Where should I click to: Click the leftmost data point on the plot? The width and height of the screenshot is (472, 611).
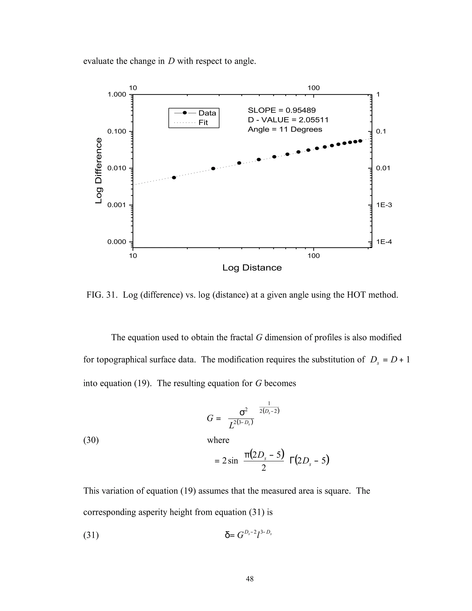coord(174,177)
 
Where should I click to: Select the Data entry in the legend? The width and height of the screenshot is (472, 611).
coord(207,113)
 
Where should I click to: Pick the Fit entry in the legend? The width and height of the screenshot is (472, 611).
coord(203,122)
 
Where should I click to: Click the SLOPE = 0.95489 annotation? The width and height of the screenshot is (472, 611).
coord(282,110)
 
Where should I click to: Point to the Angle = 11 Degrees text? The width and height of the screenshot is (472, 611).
coord(285,129)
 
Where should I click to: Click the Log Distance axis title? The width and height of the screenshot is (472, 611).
coord(252,268)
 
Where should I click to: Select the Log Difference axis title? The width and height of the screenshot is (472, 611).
coord(98,171)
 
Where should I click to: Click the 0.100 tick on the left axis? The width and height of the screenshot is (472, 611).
coord(117,131)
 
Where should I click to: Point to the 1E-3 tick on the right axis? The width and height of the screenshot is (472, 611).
coord(384,205)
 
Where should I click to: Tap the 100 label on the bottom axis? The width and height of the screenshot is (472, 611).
coord(313,255)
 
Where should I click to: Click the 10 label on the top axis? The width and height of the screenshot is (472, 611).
coord(133,88)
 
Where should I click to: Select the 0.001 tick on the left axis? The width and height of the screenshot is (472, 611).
coord(117,205)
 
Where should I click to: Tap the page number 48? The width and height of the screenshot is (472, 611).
coord(250,579)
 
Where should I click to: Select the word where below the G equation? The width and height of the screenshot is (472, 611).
coord(218,440)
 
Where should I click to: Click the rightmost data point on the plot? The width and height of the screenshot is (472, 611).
coord(360,141)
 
